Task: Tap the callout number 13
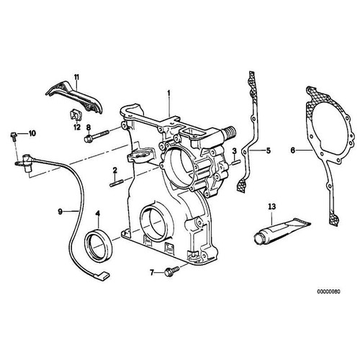271,207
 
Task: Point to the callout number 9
61,211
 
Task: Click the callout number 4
99,214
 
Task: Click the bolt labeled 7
173,272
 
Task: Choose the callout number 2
114,170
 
